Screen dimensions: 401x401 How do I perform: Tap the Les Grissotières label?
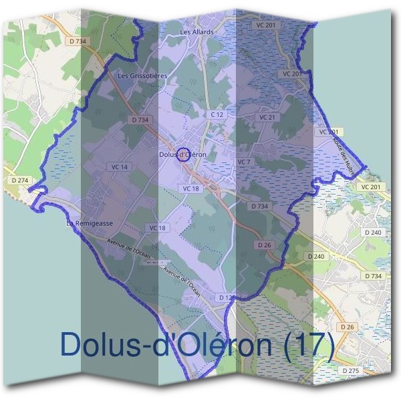[x=142, y=76]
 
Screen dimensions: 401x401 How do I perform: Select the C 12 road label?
[x=217, y=115]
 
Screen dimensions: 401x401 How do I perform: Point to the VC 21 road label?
[x=267, y=118]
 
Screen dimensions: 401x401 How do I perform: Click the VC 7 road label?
[x=243, y=162]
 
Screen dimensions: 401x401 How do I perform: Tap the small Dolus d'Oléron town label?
[x=183, y=154]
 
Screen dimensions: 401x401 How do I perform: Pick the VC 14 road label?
[x=120, y=166]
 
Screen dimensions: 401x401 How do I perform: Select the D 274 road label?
[x=21, y=180]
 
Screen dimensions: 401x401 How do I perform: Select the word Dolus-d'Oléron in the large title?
[x=167, y=345]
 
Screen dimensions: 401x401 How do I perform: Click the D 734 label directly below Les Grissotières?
[x=140, y=120]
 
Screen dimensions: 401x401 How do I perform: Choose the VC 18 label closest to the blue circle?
[x=191, y=189]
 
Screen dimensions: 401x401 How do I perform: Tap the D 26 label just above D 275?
[x=346, y=327]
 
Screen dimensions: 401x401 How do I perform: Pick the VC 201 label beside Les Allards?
[x=266, y=25]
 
